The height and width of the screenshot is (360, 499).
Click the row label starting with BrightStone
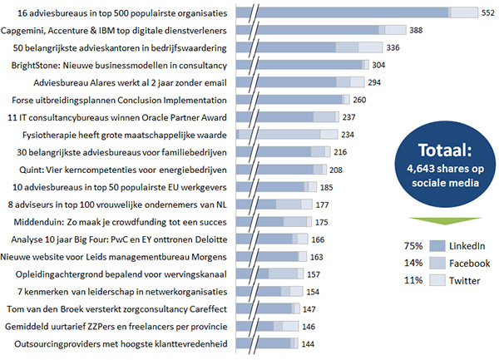pos(119,65)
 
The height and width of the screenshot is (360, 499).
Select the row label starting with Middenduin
pos(120,222)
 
